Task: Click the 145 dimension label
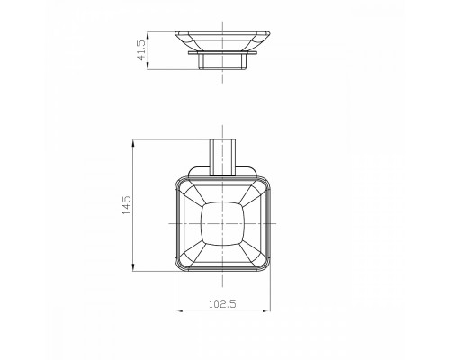tap(127, 204)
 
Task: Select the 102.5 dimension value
tap(222, 303)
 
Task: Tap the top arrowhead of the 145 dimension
tap(134, 141)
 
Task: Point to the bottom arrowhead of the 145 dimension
tap(134, 268)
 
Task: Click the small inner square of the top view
tap(222, 223)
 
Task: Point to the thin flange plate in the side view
tap(222, 54)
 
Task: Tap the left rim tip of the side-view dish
tap(175, 34)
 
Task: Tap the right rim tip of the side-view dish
tap(271, 34)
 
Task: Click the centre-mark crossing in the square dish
tap(222, 223)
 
